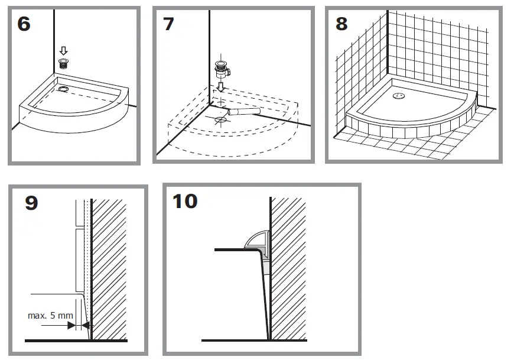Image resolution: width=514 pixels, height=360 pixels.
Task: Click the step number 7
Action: point(168,24)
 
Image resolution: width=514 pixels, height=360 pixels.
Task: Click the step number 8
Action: point(341,24)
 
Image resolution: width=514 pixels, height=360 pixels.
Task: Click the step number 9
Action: point(31,203)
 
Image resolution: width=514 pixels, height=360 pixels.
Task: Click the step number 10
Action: point(185,201)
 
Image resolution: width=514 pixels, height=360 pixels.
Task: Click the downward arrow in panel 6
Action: point(63,51)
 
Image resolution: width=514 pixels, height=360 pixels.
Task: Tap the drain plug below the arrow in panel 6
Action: point(63,63)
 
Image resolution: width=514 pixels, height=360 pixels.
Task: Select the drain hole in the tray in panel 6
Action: point(63,89)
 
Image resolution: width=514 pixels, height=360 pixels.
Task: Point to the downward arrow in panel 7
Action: point(221,87)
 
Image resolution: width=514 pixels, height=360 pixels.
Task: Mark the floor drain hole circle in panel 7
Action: point(220,119)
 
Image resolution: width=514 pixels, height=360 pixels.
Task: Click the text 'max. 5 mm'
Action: point(50,315)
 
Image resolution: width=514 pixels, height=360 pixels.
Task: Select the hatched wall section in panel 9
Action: point(109,266)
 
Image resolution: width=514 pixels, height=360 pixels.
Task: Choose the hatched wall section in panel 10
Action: point(288,266)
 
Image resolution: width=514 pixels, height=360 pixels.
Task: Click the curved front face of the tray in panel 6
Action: point(77,121)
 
